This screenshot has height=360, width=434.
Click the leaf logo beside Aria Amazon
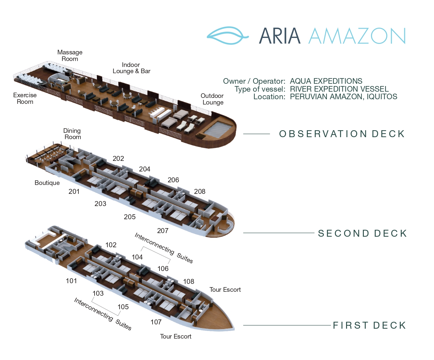[x=228, y=36]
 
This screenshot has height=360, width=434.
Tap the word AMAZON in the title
[x=357, y=36]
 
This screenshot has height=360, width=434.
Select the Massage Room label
[x=70, y=55]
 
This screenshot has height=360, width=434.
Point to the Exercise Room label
[x=25, y=98]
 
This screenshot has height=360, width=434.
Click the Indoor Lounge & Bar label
[x=131, y=68]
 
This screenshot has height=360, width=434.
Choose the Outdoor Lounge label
[x=212, y=99]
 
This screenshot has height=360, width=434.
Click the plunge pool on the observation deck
[x=217, y=129]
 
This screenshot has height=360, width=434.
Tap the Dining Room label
[x=72, y=134]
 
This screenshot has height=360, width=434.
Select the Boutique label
[x=47, y=183]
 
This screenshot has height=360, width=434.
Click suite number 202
[x=118, y=159]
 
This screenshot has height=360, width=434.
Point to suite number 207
[x=162, y=231]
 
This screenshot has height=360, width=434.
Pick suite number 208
[x=200, y=191]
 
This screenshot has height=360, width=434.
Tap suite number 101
[x=71, y=281]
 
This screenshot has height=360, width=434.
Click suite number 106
[x=163, y=269]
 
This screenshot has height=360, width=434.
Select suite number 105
[x=123, y=307]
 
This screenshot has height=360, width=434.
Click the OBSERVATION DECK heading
[x=342, y=134]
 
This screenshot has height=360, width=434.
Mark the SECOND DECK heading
[x=362, y=233]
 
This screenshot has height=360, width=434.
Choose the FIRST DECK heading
[x=369, y=325]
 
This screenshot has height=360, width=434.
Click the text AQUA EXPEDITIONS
[x=326, y=81]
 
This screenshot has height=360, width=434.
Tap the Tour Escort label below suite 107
[x=176, y=337]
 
